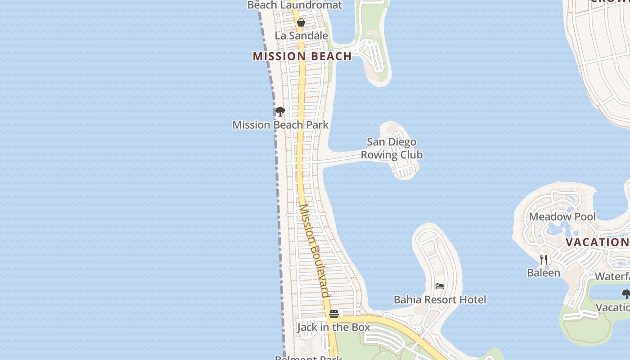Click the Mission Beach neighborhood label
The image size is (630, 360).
(x=302, y=56)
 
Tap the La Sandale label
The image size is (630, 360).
(x=301, y=36)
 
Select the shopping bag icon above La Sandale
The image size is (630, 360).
(x=301, y=22)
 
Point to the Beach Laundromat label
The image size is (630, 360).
(x=295, y=5)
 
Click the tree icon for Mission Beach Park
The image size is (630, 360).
(x=280, y=111)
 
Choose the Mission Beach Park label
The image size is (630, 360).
(x=280, y=125)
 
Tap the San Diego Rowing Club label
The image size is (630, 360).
(x=391, y=148)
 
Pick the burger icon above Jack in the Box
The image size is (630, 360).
(x=333, y=314)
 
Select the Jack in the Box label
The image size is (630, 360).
(x=333, y=327)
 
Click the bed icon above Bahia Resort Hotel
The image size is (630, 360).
(x=440, y=286)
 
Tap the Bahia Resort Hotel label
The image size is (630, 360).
(x=440, y=300)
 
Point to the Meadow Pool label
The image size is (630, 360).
(x=562, y=216)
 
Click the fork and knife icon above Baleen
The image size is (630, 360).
(x=544, y=259)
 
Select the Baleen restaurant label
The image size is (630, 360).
(x=544, y=273)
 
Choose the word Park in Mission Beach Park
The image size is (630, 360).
(x=317, y=125)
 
